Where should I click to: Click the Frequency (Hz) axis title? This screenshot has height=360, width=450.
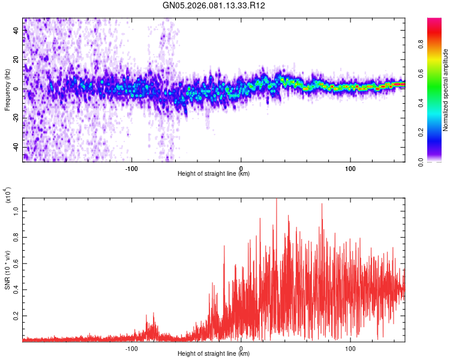[x=7, y=89]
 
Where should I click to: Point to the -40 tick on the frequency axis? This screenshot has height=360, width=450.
[x=16, y=147]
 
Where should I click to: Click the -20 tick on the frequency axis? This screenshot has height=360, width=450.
[x=16, y=118]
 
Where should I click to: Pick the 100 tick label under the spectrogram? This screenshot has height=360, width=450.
[x=350, y=168]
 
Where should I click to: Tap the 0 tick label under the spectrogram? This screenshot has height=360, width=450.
[x=241, y=168]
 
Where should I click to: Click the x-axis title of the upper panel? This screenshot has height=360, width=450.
[x=214, y=174]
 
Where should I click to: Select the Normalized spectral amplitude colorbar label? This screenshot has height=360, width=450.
[x=445, y=91]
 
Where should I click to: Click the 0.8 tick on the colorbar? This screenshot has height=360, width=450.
[x=436, y=43]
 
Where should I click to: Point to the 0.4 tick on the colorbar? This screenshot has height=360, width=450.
[x=436, y=103]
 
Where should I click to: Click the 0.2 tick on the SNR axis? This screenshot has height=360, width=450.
[x=17, y=315]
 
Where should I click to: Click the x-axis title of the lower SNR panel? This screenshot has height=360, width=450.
[x=214, y=354]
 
